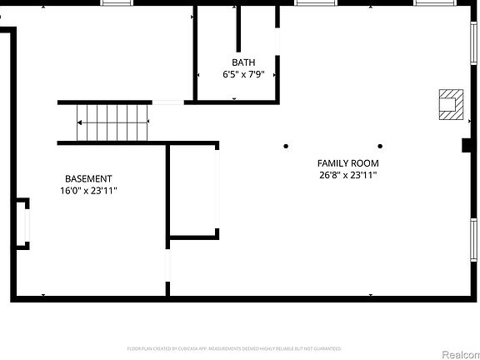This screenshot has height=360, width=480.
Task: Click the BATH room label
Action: (243, 62)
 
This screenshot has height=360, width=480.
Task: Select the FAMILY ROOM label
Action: (348, 163)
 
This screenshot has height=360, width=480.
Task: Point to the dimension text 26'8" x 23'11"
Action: (348, 176)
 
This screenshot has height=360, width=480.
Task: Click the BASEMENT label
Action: (88, 178)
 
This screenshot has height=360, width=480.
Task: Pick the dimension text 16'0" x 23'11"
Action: (88, 191)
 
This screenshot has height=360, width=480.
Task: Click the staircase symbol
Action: (112, 122)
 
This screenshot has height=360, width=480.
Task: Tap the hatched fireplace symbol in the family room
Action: (451, 103)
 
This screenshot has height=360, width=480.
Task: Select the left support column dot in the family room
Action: (286, 147)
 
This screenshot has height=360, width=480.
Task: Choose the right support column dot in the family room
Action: (380, 147)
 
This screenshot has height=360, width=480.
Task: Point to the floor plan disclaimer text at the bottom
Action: (234, 348)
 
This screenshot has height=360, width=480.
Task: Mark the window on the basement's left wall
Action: (27, 223)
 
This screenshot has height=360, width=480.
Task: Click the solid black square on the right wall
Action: (467, 146)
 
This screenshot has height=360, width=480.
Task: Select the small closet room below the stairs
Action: (193, 192)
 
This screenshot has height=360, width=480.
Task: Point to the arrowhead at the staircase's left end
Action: (79, 122)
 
